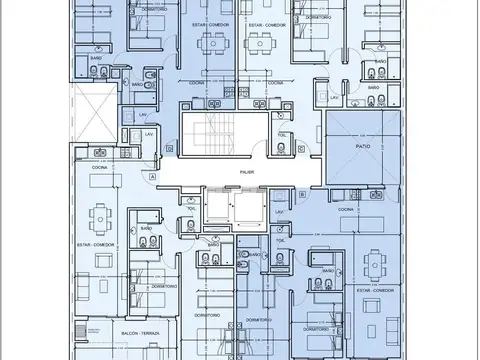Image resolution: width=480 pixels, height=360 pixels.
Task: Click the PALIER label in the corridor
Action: (x=246, y=172)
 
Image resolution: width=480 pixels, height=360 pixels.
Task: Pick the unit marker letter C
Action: (x=300, y=148)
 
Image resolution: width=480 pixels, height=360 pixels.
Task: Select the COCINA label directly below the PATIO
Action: (x=345, y=209)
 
